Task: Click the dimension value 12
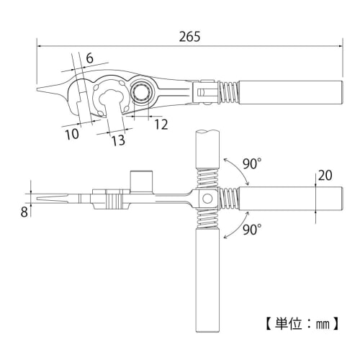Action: (160, 124)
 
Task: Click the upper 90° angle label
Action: (251, 164)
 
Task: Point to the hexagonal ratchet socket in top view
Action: (141, 93)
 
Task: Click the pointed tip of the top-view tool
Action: (38, 91)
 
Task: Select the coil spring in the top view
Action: (229, 91)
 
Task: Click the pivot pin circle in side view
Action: (205, 197)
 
